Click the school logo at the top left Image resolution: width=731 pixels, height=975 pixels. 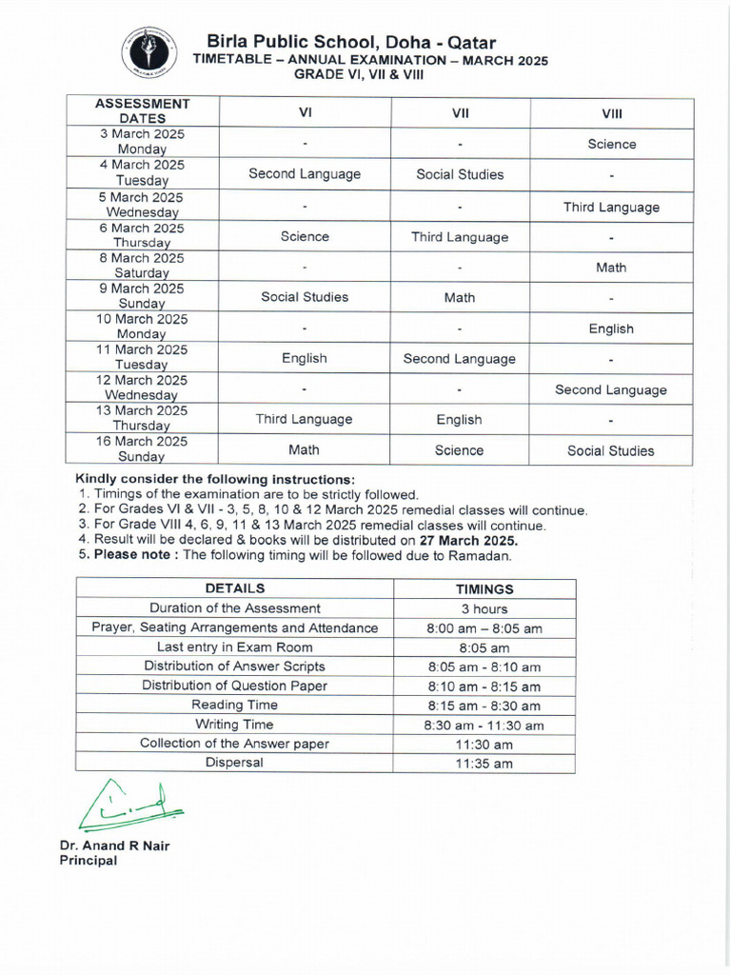[148, 53]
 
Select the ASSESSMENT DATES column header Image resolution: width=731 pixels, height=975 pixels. [143, 111]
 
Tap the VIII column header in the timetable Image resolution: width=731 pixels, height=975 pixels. [611, 113]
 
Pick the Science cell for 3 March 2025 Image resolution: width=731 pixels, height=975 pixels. [611, 144]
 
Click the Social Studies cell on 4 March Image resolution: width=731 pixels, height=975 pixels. [460, 174]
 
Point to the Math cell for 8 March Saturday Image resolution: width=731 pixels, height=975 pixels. [611, 268]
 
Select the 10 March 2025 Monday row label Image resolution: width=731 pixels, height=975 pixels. [143, 327]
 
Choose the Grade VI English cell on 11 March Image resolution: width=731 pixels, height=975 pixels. [305, 359]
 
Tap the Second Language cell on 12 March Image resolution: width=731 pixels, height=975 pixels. [611, 389]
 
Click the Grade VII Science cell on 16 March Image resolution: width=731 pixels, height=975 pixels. [460, 450]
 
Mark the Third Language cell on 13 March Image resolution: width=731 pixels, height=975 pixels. [305, 420]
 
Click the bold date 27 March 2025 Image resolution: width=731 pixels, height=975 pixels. [463, 540]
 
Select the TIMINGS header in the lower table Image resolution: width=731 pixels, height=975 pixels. [484, 589]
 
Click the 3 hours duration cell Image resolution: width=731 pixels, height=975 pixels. [484, 609]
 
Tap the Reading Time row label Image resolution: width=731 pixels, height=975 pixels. [235, 706]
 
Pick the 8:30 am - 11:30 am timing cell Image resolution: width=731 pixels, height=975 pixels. [484, 726]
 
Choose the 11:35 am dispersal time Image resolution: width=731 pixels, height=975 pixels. [484, 764]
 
